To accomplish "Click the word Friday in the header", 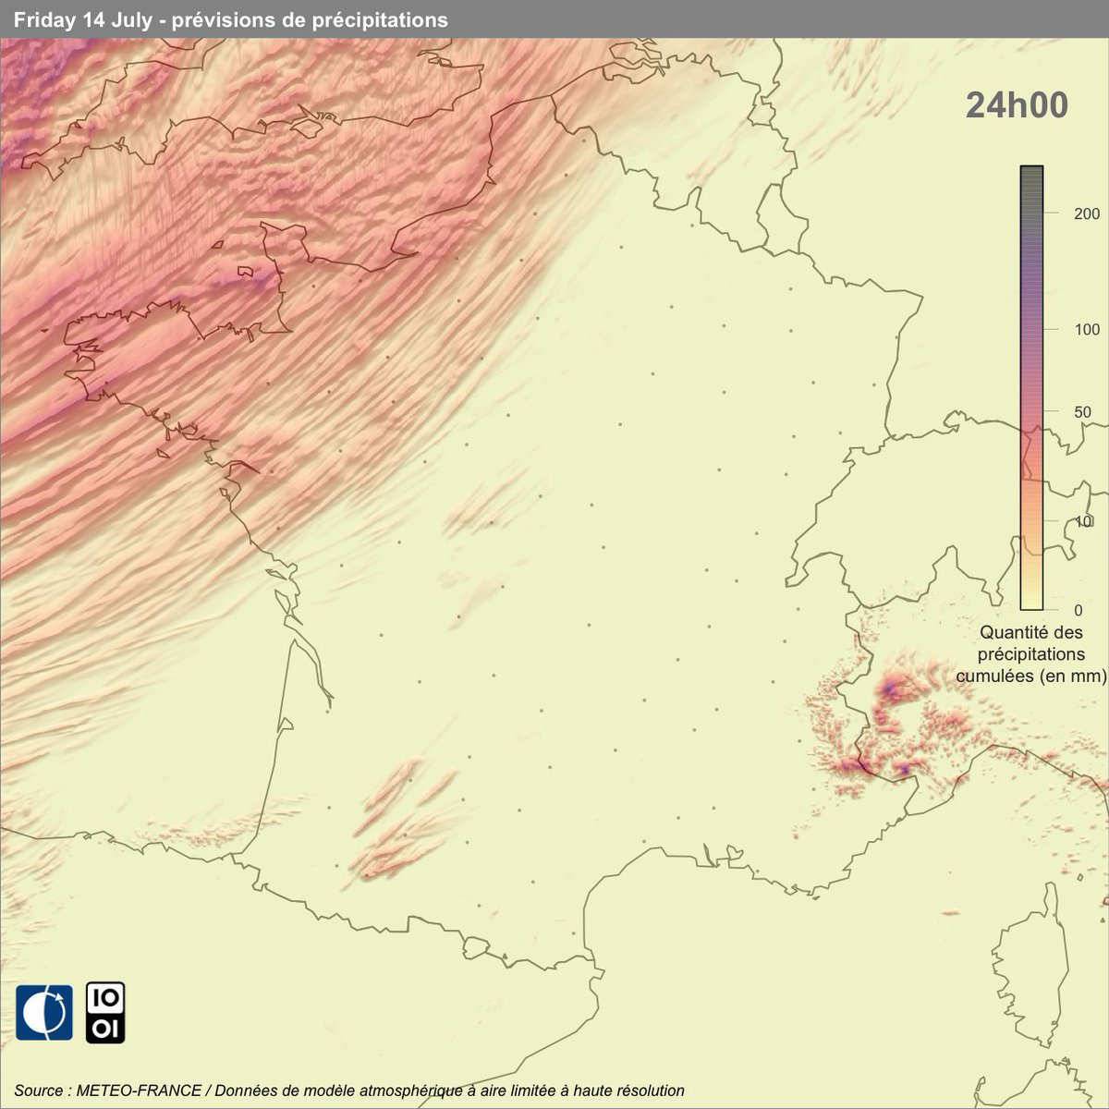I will pyautogui.click(x=44, y=19).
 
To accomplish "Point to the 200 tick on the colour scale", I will pyautogui.click(x=1062, y=213).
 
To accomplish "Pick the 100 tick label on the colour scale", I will pyautogui.click(x=1062, y=330).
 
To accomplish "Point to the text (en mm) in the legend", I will pyautogui.click(x=1073, y=676).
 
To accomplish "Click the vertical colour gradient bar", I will pyautogui.click(x=1031, y=388).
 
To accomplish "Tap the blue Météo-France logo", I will pyautogui.click(x=43, y=1012).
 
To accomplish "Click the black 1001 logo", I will pyautogui.click(x=105, y=1012).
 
